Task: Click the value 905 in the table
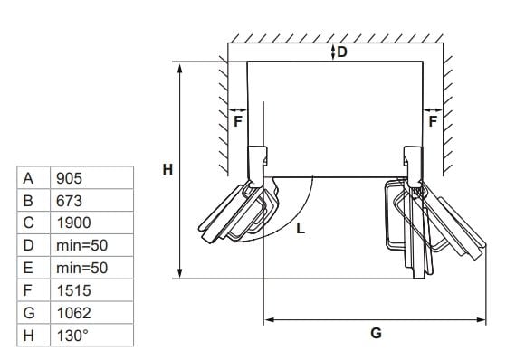[x=69, y=178]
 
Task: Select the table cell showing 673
[x=69, y=201]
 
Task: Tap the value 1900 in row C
[x=74, y=223]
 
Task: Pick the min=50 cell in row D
[x=82, y=245]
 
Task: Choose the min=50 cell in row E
[x=82, y=268]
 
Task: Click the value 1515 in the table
[x=74, y=290]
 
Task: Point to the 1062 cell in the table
[x=74, y=313]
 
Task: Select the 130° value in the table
[x=72, y=336]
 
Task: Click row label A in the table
[x=28, y=178]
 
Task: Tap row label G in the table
[x=29, y=313]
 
